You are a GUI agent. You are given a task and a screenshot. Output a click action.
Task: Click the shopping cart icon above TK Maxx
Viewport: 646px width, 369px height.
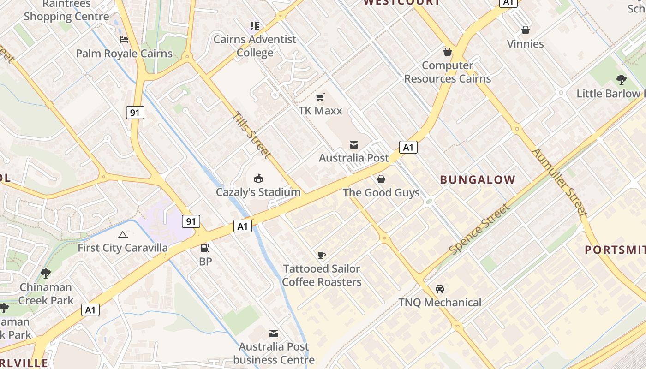point(320,97)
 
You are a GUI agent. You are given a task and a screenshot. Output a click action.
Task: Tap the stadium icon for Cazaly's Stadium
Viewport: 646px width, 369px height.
point(258,178)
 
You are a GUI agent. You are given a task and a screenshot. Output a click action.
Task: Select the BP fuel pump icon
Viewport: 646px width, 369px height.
point(205,248)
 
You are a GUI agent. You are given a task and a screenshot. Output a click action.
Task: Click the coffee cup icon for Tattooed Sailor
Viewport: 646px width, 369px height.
point(322,255)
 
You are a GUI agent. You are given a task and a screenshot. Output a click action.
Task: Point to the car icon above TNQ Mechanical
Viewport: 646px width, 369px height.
point(440,289)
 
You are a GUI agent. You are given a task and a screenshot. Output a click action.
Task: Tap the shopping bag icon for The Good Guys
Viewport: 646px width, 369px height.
point(381,179)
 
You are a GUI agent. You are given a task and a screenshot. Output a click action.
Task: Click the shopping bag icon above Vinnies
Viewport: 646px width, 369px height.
point(525,30)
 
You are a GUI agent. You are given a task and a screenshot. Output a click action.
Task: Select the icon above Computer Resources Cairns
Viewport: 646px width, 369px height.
point(447,51)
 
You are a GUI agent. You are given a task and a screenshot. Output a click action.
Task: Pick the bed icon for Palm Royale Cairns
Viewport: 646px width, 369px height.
point(124,40)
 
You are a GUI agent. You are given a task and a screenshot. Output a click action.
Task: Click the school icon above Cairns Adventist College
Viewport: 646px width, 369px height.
point(254,25)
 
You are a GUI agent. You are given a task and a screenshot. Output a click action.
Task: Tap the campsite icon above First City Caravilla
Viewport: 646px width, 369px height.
point(122,235)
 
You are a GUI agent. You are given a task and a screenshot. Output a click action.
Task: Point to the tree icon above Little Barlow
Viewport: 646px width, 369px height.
point(622,80)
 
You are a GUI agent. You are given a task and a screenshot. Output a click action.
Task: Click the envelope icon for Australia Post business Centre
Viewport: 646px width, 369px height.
point(274,333)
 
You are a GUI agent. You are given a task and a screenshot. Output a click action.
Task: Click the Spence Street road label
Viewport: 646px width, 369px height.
point(480,229)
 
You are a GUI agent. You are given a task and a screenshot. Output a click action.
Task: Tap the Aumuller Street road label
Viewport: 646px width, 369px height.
point(560,182)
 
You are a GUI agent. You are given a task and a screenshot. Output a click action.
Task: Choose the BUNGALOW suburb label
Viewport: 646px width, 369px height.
point(478,180)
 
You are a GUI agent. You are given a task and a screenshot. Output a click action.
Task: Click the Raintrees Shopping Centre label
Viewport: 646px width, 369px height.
point(66,11)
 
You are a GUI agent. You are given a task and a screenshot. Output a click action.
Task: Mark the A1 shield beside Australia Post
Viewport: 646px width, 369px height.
point(408,147)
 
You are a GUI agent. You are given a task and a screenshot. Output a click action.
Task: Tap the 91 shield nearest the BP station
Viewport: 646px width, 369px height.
point(191,221)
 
